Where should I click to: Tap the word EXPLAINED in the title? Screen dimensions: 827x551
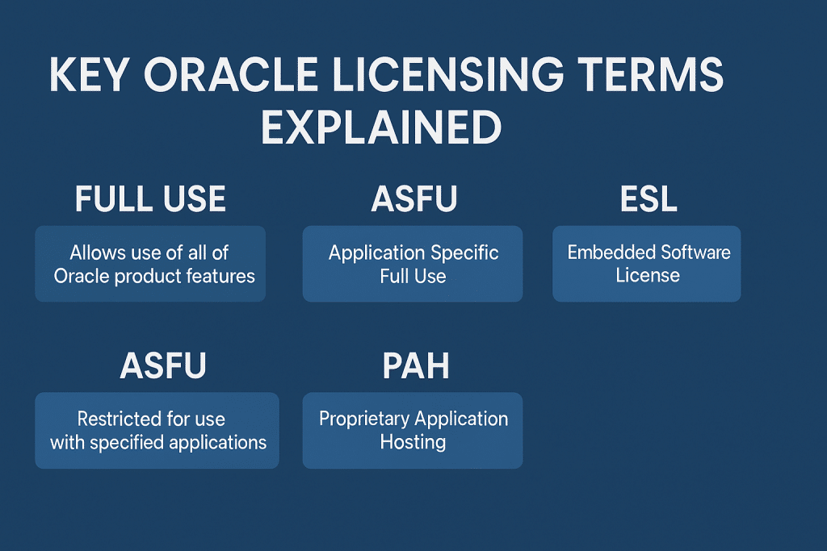pyautogui.click(x=383, y=127)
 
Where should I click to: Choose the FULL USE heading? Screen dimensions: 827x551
pyautogui.click(x=150, y=198)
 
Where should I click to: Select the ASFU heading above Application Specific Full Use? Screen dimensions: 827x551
pyautogui.click(x=413, y=198)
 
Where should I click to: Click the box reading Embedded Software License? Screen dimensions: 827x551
pyautogui.click(x=646, y=264)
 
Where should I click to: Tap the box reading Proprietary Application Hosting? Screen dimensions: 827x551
pyautogui.click(x=413, y=430)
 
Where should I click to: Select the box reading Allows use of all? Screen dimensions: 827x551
pyautogui.click(x=150, y=264)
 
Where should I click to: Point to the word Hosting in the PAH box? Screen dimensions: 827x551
pyautogui.click(x=413, y=442)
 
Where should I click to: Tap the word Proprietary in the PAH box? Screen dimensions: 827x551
pyautogui.click(x=365, y=419)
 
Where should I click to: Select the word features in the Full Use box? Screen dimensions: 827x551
pyautogui.click(x=224, y=276)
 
